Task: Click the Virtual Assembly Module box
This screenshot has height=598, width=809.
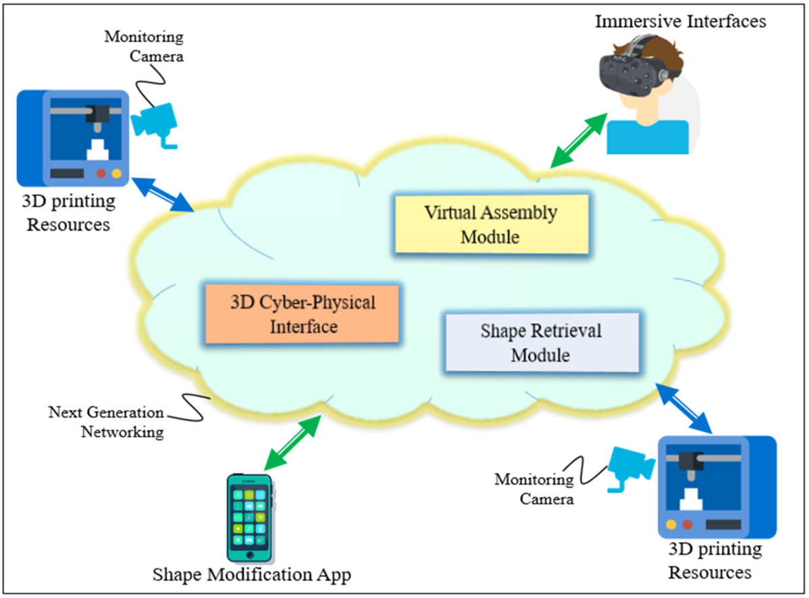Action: (491, 224)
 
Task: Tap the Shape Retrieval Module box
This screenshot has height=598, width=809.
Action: (541, 343)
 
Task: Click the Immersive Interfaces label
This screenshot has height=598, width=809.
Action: (680, 22)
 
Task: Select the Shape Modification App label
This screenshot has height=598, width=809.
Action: (252, 574)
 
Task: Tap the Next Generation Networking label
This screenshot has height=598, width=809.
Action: (106, 422)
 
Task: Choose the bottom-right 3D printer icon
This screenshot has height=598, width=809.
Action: (716, 487)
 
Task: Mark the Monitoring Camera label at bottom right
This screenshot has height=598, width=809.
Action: (534, 489)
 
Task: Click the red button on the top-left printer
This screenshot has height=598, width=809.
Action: (101, 174)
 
